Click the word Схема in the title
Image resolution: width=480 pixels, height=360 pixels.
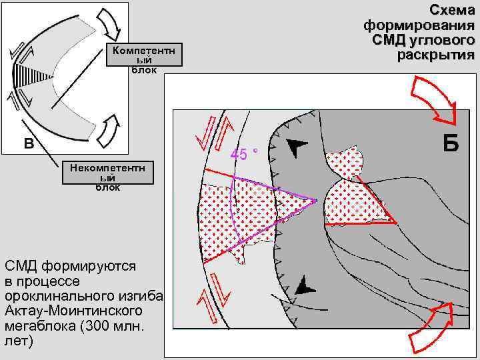452,10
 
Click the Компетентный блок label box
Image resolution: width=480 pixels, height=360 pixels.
144,57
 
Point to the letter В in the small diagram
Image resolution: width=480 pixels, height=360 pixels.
29,143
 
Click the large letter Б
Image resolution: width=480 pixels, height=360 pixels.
451,142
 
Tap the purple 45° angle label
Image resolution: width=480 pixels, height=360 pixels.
244,155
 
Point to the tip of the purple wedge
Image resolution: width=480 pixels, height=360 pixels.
316,199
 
